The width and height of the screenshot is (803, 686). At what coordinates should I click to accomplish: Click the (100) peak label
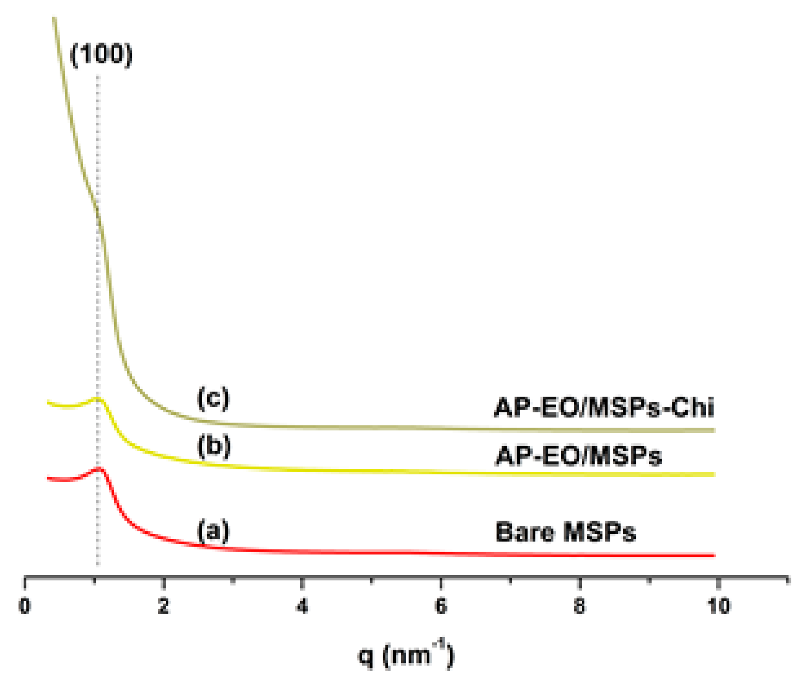click(x=101, y=55)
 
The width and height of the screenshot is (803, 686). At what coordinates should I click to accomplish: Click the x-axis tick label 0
click(x=25, y=606)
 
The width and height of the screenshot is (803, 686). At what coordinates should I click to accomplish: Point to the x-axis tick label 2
click(x=164, y=606)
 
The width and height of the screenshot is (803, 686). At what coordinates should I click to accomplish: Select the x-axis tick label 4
click(x=302, y=606)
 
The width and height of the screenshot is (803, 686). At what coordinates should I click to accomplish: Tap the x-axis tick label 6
click(x=441, y=606)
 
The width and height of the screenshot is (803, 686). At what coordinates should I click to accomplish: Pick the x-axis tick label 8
click(x=580, y=606)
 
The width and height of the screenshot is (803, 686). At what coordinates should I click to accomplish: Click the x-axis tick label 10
click(x=719, y=606)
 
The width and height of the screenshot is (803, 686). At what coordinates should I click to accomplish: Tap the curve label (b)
click(x=214, y=446)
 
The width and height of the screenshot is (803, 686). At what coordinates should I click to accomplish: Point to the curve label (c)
click(x=213, y=398)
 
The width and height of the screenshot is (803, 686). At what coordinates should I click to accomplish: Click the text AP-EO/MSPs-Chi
click(x=604, y=407)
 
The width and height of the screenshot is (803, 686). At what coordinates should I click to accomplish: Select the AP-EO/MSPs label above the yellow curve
click(x=578, y=456)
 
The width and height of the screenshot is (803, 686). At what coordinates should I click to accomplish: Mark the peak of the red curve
click(x=99, y=468)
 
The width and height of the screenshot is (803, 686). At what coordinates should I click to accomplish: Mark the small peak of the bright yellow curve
click(x=98, y=399)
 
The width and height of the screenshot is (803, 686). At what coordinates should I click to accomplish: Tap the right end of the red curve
click(x=714, y=555)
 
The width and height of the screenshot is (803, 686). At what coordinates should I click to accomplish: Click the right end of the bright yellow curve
click(x=714, y=474)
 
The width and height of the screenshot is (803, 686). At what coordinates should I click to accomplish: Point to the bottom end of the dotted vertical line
click(x=98, y=565)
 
